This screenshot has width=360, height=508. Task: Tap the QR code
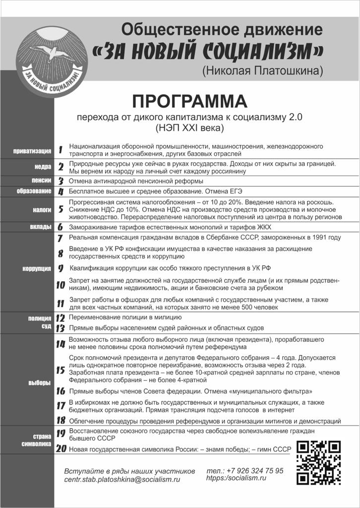coord(318,462)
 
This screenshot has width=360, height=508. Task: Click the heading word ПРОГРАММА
coord(189,101)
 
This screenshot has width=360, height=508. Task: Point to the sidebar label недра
coord(43,167)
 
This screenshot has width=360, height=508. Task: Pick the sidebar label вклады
coord(41,227)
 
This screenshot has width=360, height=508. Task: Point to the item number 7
coord(60,238)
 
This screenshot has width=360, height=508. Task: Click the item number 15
coord(60,370)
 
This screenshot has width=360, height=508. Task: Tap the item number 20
coord(61,449)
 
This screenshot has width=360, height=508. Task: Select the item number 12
coord(60,317)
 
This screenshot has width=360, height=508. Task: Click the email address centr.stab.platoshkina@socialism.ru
coord(122,480)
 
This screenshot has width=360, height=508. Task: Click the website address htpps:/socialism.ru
coord(236,478)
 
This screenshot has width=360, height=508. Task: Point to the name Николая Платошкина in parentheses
coord(262,71)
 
